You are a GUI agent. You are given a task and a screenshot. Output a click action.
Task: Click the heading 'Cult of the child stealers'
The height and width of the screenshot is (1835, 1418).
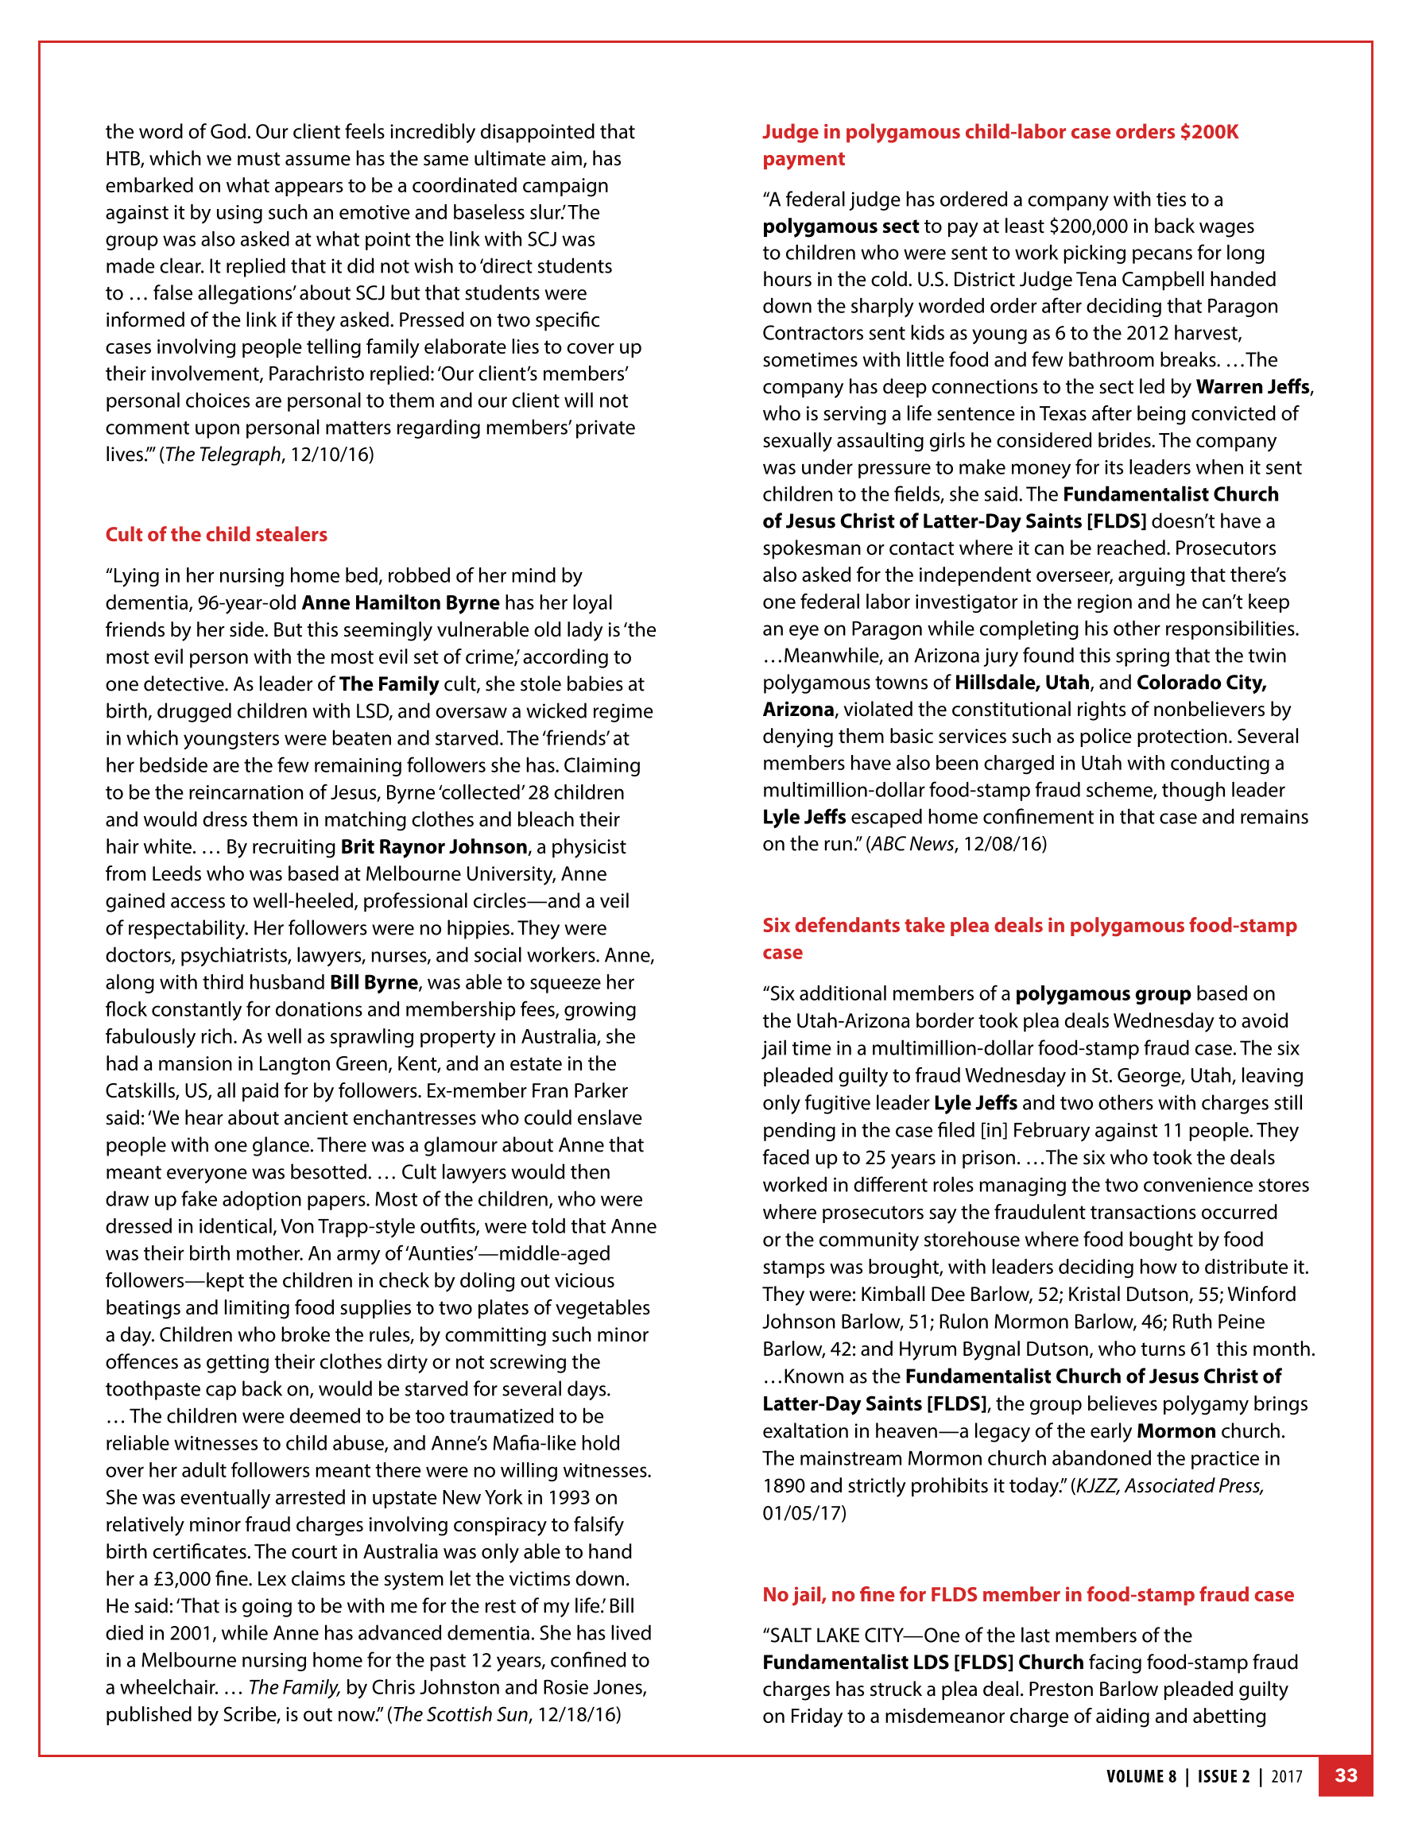click(216, 534)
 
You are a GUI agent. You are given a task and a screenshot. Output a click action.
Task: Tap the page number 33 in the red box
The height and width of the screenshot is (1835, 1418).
click(1346, 1775)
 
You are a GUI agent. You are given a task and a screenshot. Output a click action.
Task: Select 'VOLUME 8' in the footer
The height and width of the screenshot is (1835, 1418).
click(1141, 1776)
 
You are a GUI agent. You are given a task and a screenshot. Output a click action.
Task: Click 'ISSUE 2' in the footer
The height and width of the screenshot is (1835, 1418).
click(1223, 1776)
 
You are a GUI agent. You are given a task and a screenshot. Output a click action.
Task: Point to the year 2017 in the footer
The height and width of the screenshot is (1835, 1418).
click(1286, 1776)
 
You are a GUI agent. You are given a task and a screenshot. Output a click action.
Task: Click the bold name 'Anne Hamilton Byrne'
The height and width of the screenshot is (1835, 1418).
click(400, 602)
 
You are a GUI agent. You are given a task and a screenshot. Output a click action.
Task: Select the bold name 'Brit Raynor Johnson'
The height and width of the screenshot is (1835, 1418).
click(434, 846)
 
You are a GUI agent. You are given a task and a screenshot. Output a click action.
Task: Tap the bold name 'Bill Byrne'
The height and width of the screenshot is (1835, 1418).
click(374, 982)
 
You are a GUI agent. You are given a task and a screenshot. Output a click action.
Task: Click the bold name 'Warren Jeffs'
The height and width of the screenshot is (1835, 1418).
click(1253, 386)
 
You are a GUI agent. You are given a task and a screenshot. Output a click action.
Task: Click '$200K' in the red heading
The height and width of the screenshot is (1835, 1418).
click(1209, 132)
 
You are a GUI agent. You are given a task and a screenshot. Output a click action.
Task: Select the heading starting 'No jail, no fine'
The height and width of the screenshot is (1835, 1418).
click(1027, 1594)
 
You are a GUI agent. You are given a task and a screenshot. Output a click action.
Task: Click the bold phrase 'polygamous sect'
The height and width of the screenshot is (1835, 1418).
click(840, 226)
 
